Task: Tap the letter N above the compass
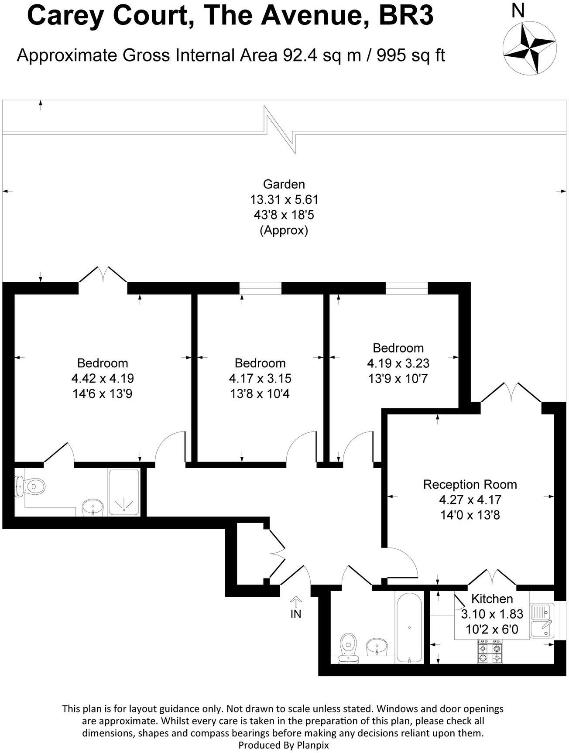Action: click(x=518, y=11)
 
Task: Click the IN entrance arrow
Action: click(x=296, y=603)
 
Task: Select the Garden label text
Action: click(x=284, y=184)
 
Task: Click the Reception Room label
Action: click(x=470, y=484)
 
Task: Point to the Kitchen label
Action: click(x=492, y=599)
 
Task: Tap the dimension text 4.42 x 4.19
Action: click(x=103, y=378)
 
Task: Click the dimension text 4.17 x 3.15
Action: click(x=260, y=378)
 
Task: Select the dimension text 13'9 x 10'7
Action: click(x=398, y=378)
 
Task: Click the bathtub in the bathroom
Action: click(x=409, y=627)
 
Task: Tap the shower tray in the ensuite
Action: click(x=124, y=493)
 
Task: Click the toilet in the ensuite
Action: click(x=31, y=486)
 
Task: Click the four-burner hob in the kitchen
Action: click(x=490, y=652)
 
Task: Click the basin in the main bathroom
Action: click(x=376, y=647)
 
